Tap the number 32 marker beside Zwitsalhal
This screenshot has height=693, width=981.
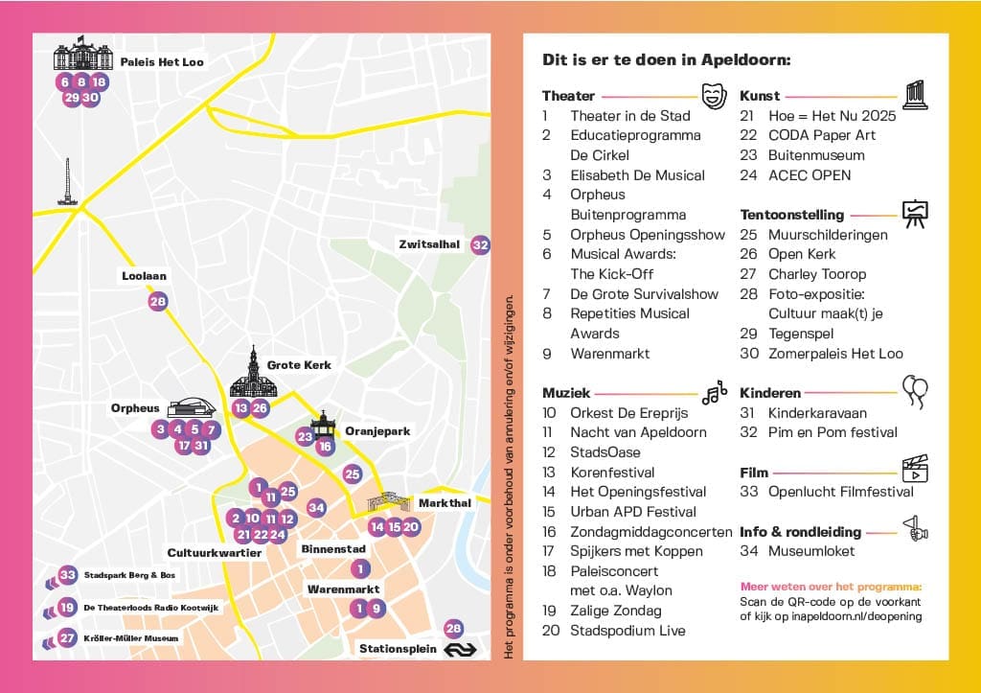[x=481, y=244]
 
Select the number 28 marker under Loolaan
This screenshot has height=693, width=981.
[x=158, y=302]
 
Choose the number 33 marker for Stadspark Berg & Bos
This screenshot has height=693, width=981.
[x=67, y=575]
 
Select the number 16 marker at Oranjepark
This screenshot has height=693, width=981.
[x=326, y=447]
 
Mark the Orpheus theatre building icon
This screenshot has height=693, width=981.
[x=193, y=408]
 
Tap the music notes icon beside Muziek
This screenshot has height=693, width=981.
[x=714, y=391]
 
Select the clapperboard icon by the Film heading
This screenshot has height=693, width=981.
[x=915, y=469]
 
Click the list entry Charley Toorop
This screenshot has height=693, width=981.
[x=816, y=274]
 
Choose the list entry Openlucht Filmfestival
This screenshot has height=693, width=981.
[x=840, y=492]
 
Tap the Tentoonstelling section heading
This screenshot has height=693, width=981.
[x=791, y=215]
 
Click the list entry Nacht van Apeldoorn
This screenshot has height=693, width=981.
[x=638, y=432]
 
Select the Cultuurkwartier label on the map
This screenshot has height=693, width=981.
[x=214, y=553]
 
